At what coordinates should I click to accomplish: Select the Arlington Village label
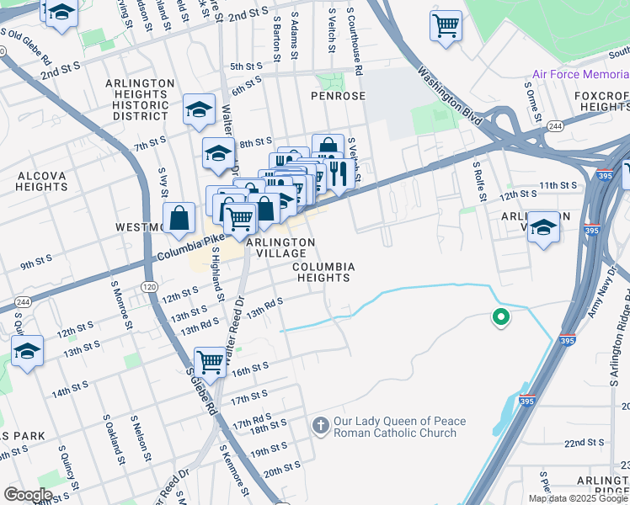coord(280,247)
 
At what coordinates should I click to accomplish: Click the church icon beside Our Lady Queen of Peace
coord(319,426)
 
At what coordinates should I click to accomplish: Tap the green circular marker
coord(500,318)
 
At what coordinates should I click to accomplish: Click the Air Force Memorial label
coord(580,74)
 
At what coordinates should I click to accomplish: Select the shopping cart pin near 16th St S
coord(210,362)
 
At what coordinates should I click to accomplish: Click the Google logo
coord(28,495)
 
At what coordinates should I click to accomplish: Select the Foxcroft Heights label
coord(602,101)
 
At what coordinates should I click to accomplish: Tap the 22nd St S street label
coord(585,443)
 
